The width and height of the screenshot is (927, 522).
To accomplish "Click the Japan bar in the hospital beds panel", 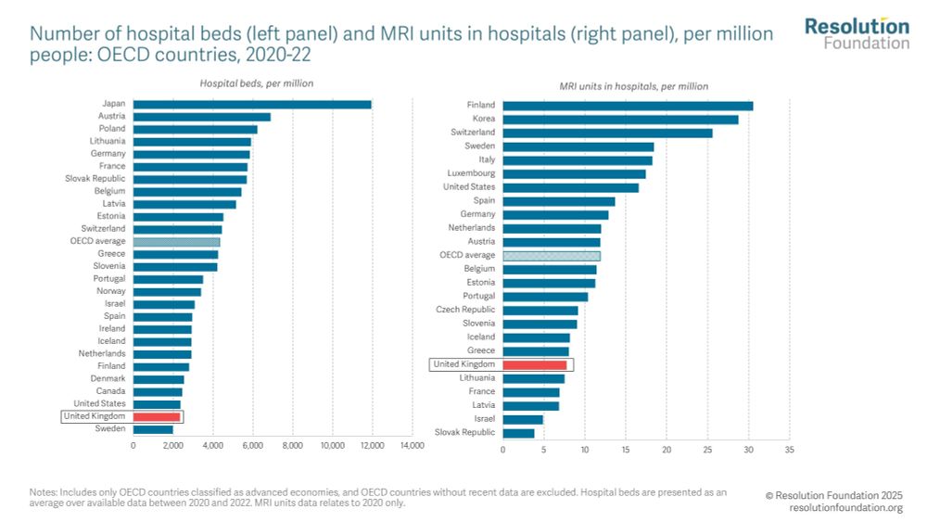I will click(252, 104).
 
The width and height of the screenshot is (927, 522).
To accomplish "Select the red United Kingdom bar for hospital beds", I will click(157, 417).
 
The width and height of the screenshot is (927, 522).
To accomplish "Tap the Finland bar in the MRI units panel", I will click(628, 105).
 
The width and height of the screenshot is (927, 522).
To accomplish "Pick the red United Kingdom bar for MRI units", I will click(534, 364).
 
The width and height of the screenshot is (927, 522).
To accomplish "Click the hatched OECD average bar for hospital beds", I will click(176, 241).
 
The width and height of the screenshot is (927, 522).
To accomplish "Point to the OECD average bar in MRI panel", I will click(552, 255).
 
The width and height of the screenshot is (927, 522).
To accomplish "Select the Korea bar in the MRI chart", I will click(620, 119).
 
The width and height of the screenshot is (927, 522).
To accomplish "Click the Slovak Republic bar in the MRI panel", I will click(518, 433).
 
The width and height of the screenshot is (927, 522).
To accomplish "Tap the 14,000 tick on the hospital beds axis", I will click(412, 446).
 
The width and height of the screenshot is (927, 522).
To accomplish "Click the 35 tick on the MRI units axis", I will click(789, 450).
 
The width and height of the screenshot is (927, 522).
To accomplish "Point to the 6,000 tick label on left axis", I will click(252, 446).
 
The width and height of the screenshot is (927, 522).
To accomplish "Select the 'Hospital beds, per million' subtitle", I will click(257, 83).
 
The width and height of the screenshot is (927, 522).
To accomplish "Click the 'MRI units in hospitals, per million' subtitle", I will click(633, 86).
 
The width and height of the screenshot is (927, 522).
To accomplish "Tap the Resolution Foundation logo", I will click(857, 32).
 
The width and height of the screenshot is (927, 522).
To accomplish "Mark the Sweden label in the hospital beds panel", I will click(110, 429).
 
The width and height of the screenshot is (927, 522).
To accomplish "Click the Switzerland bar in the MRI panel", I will click(607, 133).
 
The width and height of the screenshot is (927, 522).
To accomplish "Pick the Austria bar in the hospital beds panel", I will click(201, 116).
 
